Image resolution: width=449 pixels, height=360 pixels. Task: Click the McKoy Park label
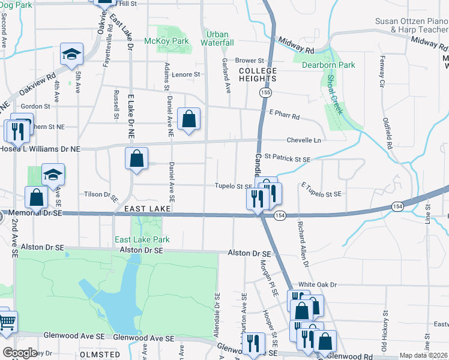coord(166,41)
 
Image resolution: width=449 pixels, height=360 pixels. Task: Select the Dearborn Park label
coord(328,65)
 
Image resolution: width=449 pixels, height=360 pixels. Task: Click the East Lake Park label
coord(142,239)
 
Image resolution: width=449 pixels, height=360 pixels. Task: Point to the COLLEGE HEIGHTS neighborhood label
coord(258,74)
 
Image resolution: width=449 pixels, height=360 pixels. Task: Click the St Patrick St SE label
coord(287,159)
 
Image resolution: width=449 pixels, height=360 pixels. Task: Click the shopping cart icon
coord(6,322)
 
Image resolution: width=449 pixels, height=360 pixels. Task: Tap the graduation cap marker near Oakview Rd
coord(71,54)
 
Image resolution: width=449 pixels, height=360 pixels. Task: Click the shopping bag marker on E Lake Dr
coord(137,159)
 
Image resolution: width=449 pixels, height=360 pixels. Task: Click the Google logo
coord(19,353)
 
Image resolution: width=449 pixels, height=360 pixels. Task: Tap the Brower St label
coord(250,61)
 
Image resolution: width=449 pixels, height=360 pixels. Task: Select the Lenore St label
coord(185,74)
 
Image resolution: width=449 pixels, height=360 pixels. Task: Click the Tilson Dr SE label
coord(101,194)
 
